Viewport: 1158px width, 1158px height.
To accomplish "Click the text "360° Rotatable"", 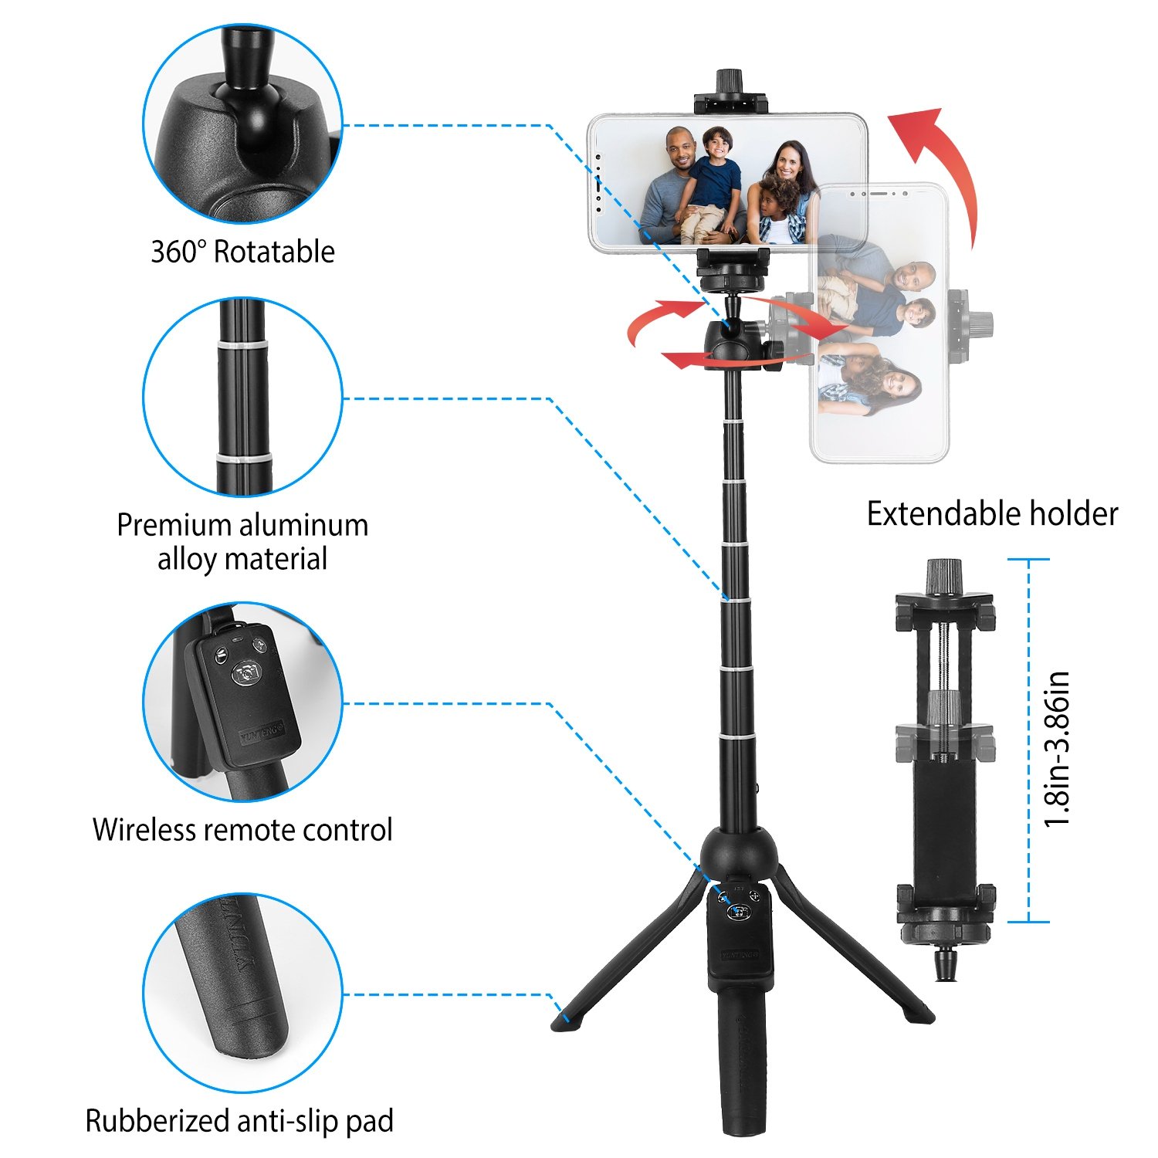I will click(242, 252).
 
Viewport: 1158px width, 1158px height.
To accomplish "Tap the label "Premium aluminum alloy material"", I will click(242, 541).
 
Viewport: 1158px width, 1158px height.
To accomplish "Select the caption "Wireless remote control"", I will click(242, 830).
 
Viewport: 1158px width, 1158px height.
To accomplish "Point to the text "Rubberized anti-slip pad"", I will click(239, 1121).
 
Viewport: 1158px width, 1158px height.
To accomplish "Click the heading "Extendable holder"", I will click(992, 514).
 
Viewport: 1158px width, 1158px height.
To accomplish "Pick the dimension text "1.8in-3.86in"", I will click(1057, 749).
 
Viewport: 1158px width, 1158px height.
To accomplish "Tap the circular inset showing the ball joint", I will click(242, 124).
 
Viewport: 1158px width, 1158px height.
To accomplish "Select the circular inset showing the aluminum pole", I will click(242, 397).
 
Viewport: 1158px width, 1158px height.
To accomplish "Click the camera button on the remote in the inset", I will click(247, 673).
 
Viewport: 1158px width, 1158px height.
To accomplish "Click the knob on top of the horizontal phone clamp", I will click(730, 81).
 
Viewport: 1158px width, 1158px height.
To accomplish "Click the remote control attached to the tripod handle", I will click(740, 938).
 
